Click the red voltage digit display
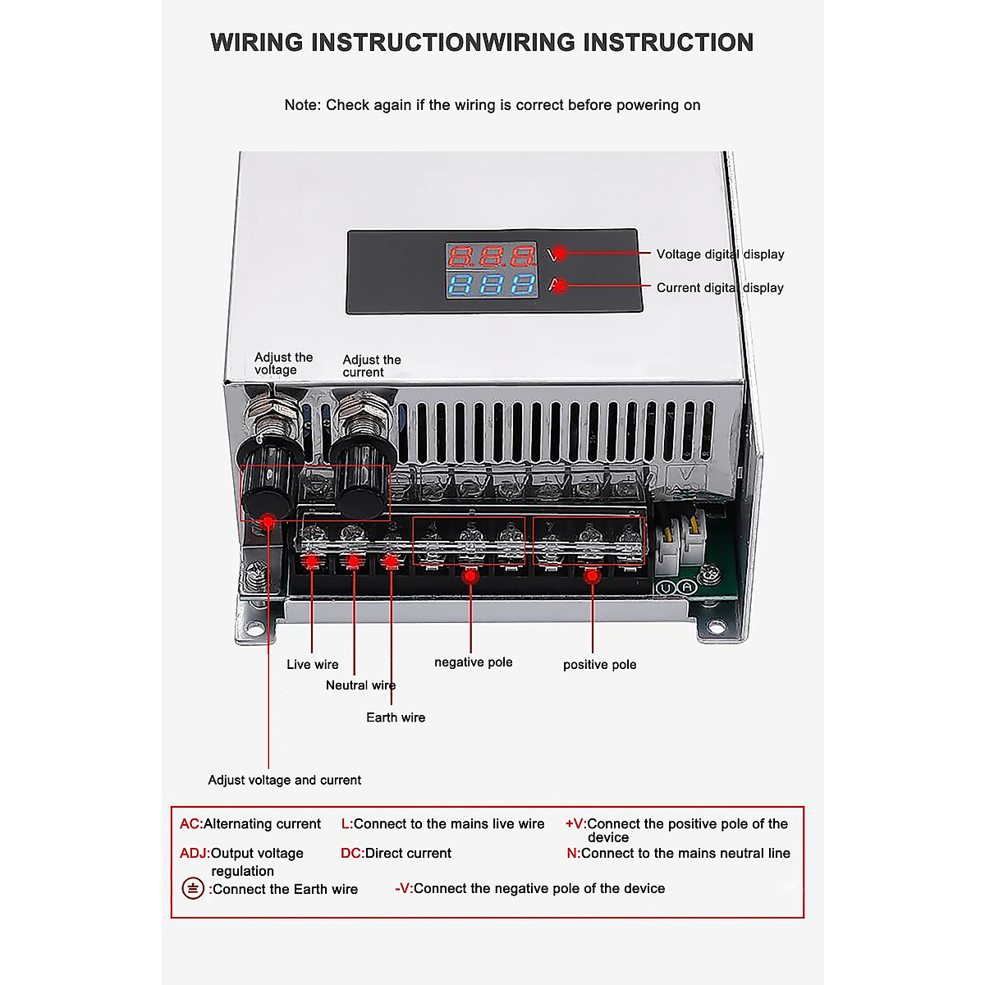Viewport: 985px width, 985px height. pos(491,256)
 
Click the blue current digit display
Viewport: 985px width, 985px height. pos(491,285)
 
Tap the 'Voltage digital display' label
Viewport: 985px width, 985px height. pos(720,254)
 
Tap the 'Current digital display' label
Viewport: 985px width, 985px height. pos(720,288)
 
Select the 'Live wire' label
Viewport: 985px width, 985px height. pos(312,665)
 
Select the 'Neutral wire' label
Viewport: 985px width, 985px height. pos(360,685)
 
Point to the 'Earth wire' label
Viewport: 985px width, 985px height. pos(396,717)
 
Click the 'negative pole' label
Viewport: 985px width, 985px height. pos(473,662)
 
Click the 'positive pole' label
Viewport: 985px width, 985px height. pos(599,665)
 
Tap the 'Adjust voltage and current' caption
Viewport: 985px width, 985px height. pos(284,780)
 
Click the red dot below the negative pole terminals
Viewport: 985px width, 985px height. pos(470,576)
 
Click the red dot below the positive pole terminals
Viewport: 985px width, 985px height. pos(591,576)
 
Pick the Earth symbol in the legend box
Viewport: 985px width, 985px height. pos(193,888)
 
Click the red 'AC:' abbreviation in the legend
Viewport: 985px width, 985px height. pos(190,824)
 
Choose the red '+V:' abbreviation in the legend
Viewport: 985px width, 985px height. pos(575,824)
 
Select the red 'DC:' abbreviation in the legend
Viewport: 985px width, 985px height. pos(352,854)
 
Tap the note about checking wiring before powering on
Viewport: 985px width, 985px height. pos(492,105)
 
